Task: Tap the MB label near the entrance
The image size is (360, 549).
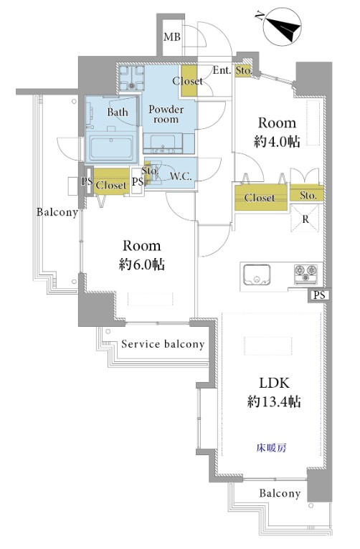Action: pyautogui.click(x=172, y=37)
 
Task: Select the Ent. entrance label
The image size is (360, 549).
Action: pyautogui.click(x=222, y=70)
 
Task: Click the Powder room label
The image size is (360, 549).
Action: pyautogui.click(x=166, y=114)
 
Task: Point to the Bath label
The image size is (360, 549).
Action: pyautogui.click(x=118, y=113)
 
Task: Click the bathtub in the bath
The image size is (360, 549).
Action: pyautogui.click(x=111, y=148)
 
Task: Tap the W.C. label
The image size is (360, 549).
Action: pyautogui.click(x=181, y=176)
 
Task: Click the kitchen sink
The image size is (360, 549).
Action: pyautogui.click(x=257, y=274)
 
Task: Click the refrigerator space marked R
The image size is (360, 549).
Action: pyautogui.click(x=305, y=219)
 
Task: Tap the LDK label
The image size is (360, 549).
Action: pyautogui.click(x=274, y=383)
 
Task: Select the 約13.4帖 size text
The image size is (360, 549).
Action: pyautogui.click(x=274, y=401)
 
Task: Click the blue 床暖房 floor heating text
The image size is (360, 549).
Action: pyautogui.click(x=271, y=447)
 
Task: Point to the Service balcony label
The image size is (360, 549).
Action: pyautogui.click(x=163, y=344)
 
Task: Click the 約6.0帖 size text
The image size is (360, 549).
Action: pyautogui.click(x=142, y=264)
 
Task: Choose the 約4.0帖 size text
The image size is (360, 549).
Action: pyautogui.click(x=277, y=141)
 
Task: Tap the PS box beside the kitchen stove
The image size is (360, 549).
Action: pyautogui.click(x=319, y=295)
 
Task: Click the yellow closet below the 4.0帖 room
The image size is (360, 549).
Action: pyautogui.click(x=261, y=198)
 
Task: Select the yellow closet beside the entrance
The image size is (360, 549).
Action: pyautogui.click(x=189, y=81)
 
